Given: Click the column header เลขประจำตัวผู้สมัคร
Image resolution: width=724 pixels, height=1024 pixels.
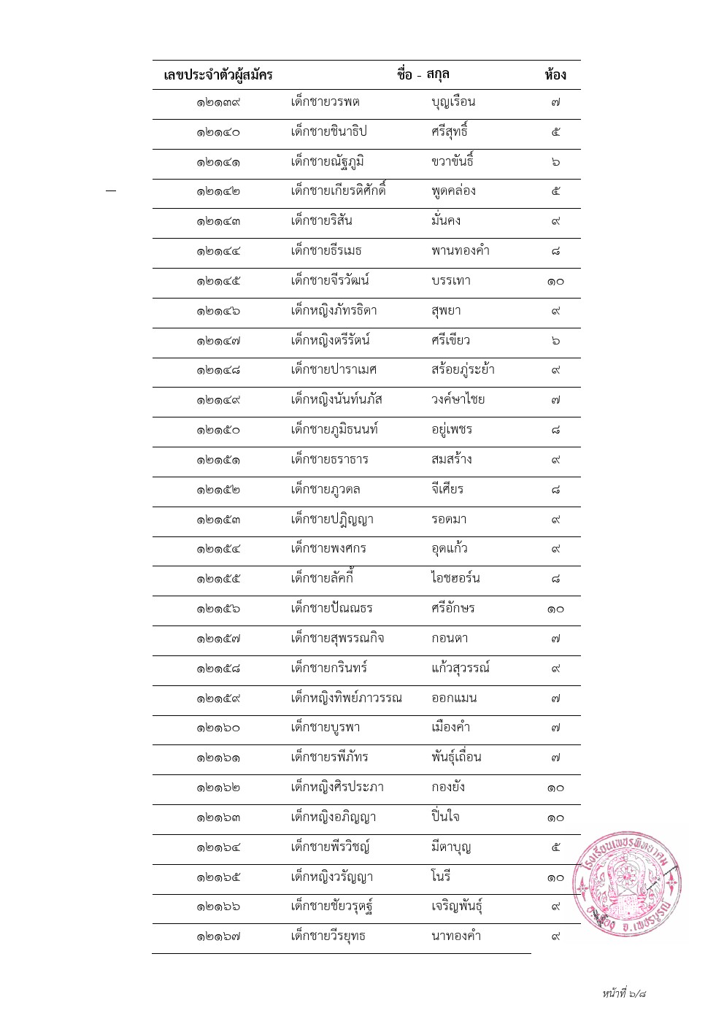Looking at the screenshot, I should (x=217, y=74).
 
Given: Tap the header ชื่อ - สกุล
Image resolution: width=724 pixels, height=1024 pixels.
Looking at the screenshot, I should (x=423, y=74).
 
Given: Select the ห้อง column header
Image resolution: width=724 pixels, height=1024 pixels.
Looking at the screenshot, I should (x=555, y=74).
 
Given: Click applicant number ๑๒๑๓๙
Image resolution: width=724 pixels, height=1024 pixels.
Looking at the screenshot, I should (x=217, y=103).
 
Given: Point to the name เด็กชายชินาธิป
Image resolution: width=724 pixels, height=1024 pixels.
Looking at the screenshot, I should (x=328, y=131).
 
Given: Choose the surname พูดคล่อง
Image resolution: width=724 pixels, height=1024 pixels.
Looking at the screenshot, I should (x=453, y=191).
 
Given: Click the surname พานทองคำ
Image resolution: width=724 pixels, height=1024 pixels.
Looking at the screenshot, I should (x=460, y=251).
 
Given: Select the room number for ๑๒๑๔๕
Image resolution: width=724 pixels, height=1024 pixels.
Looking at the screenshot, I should (x=555, y=281).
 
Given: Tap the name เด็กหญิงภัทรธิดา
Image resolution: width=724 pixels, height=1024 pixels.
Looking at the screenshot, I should (x=334, y=311).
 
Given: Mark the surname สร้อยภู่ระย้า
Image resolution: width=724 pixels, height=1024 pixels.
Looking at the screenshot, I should (x=463, y=370).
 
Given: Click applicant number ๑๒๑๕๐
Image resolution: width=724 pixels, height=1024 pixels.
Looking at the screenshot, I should (x=217, y=430).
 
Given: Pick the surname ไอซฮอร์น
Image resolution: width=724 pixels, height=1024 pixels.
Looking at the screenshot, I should (x=455, y=579).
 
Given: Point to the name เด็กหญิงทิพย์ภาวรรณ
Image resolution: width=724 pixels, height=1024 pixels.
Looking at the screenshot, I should (x=346, y=698).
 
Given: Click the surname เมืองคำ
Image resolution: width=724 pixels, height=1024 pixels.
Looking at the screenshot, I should (x=450, y=728).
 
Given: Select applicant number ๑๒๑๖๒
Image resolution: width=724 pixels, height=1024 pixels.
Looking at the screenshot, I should (x=217, y=788).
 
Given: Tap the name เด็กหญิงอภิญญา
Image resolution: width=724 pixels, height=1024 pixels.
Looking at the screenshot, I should (x=333, y=817).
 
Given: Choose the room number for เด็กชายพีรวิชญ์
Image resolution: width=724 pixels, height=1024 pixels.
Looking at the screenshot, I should (x=555, y=847).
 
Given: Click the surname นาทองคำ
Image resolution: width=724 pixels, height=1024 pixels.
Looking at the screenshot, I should (x=456, y=936).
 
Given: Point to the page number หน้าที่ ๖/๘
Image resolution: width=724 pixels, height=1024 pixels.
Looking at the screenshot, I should (x=624, y=993).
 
